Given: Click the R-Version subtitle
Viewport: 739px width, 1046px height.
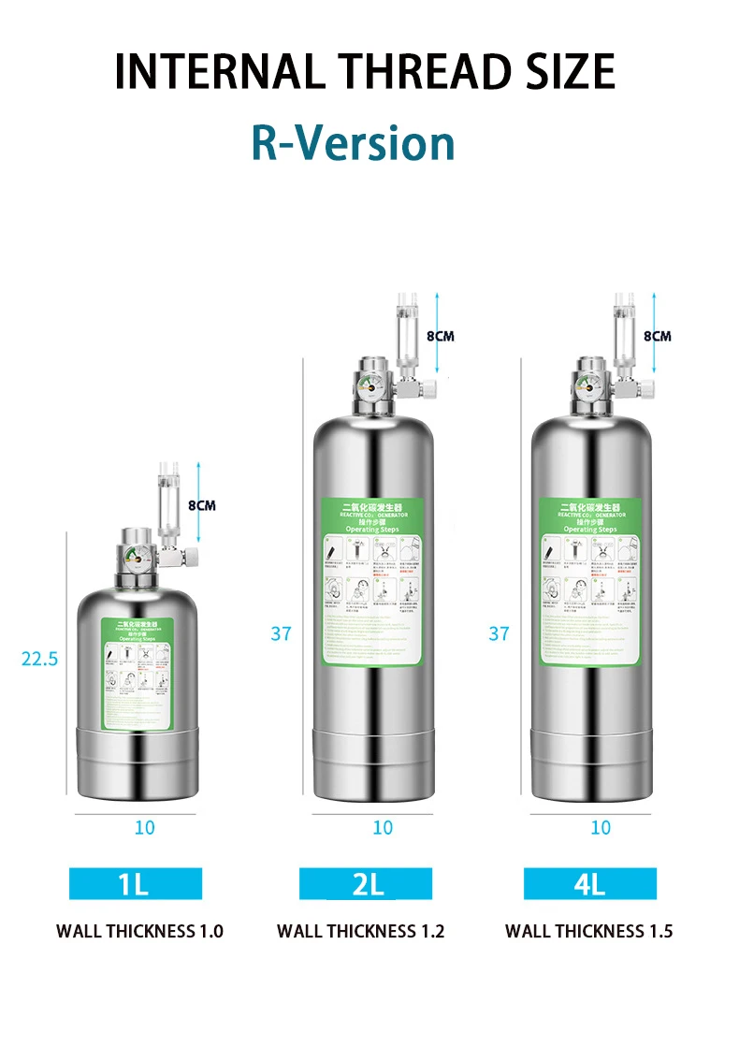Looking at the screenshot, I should coord(353,143).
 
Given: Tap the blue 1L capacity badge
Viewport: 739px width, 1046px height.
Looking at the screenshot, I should coord(135,883).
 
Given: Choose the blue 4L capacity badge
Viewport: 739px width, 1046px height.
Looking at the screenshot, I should coord(589,883).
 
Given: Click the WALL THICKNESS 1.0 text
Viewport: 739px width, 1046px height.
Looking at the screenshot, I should coord(139,931).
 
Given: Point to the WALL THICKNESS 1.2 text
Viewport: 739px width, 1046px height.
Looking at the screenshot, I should coord(361,931).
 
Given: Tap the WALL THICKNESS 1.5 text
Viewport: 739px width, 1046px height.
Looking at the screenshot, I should coord(589,931).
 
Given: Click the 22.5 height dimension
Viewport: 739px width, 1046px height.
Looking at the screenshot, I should coord(39,659).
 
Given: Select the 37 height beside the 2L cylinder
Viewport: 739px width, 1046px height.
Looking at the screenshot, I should coord(282,633).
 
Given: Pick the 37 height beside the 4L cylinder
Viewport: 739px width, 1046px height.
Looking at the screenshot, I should coord(499,633).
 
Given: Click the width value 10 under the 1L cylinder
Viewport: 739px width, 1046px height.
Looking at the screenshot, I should coord(145,828).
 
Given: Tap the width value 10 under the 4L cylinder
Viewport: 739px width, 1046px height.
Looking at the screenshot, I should coord(601,828).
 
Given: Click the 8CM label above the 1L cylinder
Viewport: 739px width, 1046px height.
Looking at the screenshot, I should coord(201,505).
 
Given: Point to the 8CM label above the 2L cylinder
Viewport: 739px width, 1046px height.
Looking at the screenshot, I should coord(440,336).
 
